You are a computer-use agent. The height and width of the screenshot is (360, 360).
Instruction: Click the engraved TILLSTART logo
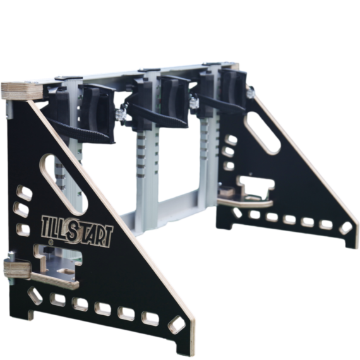pyautogui.click(x=77, y=231)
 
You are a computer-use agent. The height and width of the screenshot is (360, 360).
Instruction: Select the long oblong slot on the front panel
pyautogui.click(x=64, y=184)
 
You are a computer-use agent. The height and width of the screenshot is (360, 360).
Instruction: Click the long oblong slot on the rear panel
pyautogui.click(x=262, y=133)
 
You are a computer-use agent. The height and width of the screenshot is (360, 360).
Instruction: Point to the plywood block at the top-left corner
pyautogui.click(x=22, y=92)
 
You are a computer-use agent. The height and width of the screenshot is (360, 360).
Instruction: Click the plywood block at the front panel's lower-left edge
pyautogui.click(x=18, y=270)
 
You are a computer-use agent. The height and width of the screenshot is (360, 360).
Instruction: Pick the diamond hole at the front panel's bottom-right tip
pyautogui.click(x=177, y=325)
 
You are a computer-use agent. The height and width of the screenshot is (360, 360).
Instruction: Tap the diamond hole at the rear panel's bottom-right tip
pyautogui.click(x=345, y=228)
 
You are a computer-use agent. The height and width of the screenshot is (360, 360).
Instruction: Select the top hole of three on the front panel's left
pyautogui.click(x=24, y=193)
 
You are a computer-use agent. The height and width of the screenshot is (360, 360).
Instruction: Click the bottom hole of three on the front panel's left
pyautogui.click(x=23, y=230)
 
